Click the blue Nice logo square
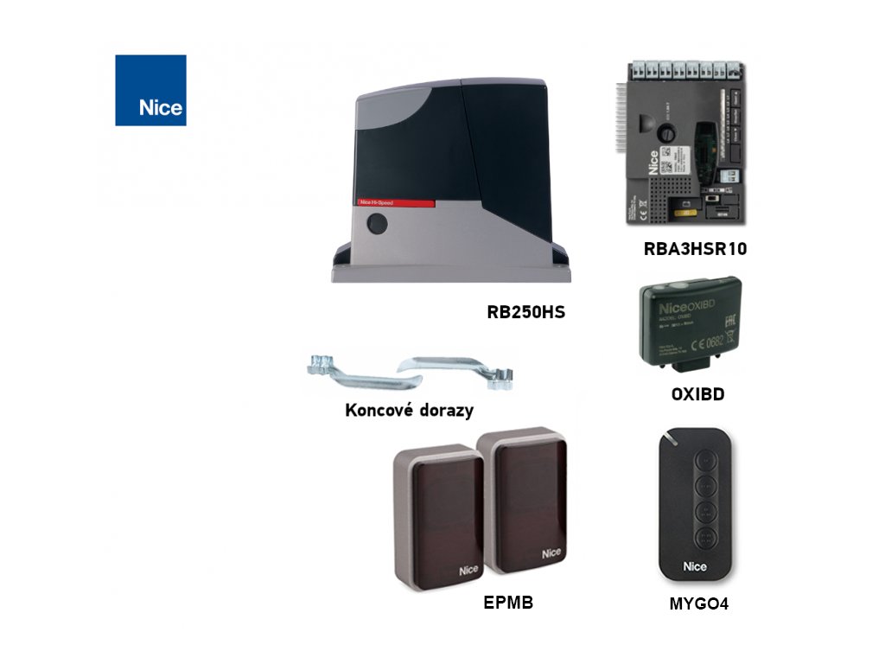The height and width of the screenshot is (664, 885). [x=150, y=91]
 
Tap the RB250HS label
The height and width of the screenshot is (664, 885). [x=525, y=312]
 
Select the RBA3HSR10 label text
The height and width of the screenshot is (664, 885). [x=695, y=250]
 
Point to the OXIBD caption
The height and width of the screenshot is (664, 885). [x=697, y=395]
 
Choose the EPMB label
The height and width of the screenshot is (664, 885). [x=508, y=603]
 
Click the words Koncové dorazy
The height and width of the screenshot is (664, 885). [x=409, y=410]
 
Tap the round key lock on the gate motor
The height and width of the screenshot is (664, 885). [x=377, y=224]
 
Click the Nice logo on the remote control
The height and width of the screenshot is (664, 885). [x=696, y=566]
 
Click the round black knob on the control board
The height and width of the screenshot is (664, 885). [x=668, y=135]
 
